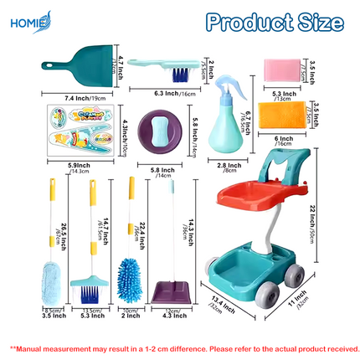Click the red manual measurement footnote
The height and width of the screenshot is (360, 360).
click(x=180, y=347)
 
